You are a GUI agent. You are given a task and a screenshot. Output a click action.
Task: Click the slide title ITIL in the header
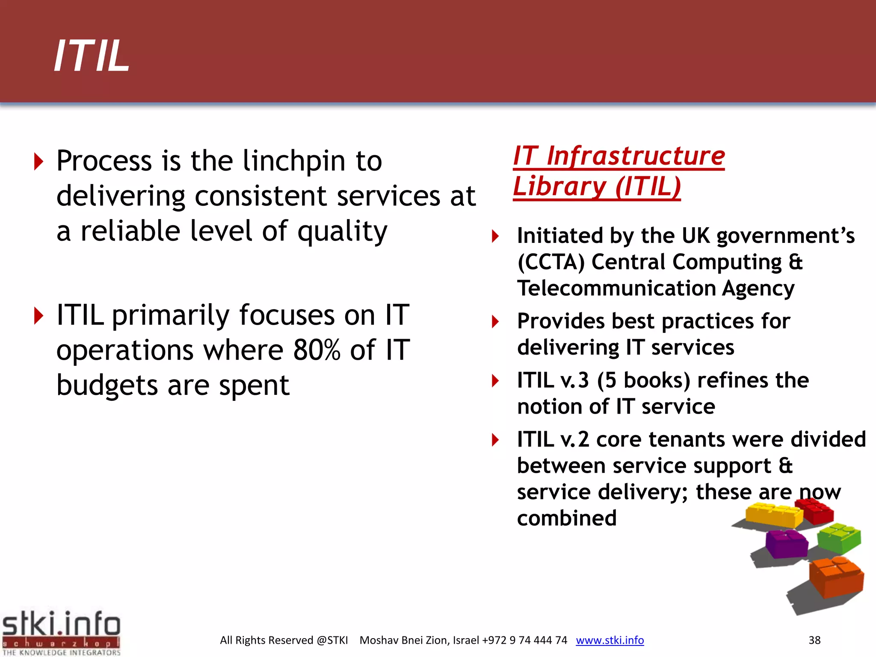92,56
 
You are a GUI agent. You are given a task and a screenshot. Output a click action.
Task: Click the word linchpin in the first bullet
294,161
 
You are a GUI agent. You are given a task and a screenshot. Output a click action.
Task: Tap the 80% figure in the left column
317,350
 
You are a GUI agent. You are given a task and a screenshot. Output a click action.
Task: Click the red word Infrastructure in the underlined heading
636,156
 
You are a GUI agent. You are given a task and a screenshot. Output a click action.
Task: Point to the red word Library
559,187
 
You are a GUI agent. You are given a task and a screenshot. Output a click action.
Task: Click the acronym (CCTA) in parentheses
550,262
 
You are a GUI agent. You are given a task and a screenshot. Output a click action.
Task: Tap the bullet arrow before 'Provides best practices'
495,322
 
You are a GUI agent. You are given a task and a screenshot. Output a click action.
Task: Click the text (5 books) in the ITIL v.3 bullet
643,380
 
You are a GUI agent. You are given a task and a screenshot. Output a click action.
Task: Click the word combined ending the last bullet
567,518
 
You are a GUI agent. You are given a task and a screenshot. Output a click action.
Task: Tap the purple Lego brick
786,543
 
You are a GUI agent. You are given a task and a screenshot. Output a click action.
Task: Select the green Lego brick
839,538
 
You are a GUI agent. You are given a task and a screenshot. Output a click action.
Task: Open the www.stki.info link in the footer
610,640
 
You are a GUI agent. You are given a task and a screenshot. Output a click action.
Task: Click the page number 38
814,640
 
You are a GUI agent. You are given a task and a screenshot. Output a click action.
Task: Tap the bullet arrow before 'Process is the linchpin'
38,162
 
